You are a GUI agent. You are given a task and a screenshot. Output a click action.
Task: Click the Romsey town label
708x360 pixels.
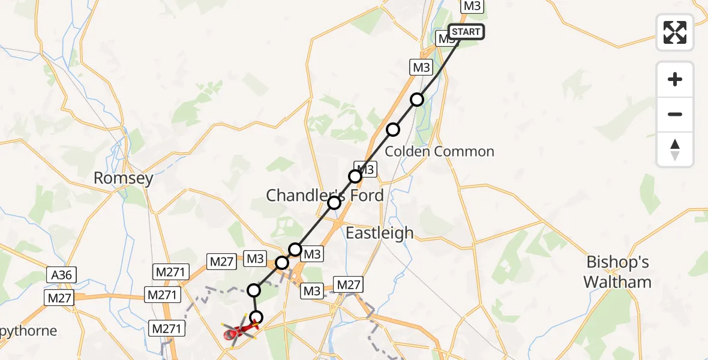point(124,178)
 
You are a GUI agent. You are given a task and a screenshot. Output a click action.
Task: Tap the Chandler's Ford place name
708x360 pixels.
point(325,195)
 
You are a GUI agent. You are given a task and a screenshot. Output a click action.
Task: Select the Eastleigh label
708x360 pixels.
point(380,233)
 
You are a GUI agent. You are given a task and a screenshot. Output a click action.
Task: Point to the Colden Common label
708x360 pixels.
point(439,151)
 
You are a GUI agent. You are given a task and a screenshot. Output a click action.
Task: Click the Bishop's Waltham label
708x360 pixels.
point(618,272)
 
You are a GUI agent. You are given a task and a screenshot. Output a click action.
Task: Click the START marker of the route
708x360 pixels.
point(466,32)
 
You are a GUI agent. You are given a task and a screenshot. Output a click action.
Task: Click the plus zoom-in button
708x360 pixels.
point(675,79)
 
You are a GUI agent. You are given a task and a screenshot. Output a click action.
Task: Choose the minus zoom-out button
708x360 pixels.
point(675,114)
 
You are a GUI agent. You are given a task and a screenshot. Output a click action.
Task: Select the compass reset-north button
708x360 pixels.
point(675,149)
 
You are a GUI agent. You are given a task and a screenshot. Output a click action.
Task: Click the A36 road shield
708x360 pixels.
point(61,275)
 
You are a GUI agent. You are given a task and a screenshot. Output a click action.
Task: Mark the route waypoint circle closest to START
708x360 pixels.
point(417,99)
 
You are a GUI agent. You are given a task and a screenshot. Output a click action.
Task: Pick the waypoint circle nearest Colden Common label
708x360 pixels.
point(392,129)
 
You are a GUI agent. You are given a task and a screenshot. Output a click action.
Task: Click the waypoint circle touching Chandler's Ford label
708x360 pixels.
point(334,203)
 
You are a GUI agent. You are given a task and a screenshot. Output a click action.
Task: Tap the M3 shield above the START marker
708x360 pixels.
point(471,6)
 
